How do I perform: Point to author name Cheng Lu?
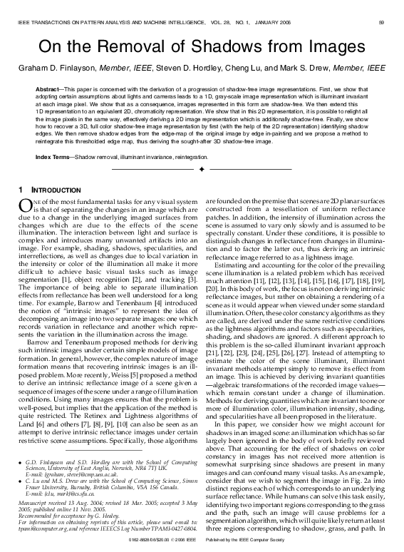(x=252, y=68)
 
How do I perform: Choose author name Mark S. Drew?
(x=312, y=68)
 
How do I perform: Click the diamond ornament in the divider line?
(x=202, y=170)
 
